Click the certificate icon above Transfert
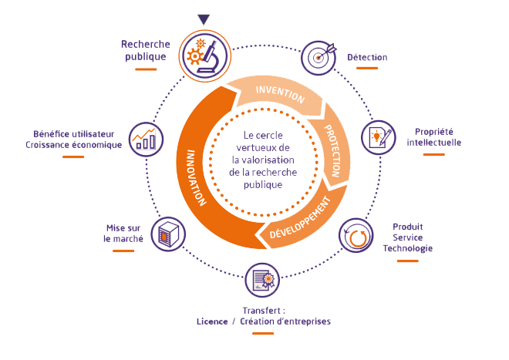click(x=262, y=280)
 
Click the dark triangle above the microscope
click(x=204, y=19)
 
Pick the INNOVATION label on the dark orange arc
click(x=197, y=176)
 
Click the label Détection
click(x=367, y=57)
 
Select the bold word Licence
click(x=213, y=321)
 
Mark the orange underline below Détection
click(x=367, y=69)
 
